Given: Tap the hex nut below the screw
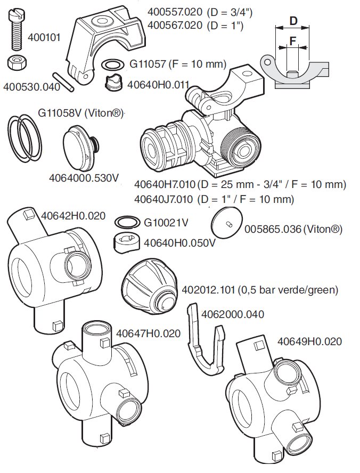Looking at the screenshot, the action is (17, 62).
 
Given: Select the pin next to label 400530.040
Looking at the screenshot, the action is (63, 81).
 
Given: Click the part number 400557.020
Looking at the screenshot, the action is (175, 12).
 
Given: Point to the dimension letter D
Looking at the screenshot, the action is (293, 21).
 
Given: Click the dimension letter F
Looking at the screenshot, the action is (292, 40).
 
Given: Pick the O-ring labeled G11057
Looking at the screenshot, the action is (113, 64).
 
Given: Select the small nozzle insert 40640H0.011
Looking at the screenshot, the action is (114, 81).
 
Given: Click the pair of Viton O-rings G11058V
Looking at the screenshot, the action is (24, 137).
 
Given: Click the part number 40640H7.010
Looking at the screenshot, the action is (165, 184).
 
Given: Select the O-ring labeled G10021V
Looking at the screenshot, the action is (127, 223).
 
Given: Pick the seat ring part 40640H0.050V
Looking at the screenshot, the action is (127, 242).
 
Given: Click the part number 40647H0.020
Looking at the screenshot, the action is (149, 333).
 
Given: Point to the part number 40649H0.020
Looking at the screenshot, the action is (309, 341).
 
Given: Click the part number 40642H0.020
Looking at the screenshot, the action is (73, 216).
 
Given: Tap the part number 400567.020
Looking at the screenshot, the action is (175, 25).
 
